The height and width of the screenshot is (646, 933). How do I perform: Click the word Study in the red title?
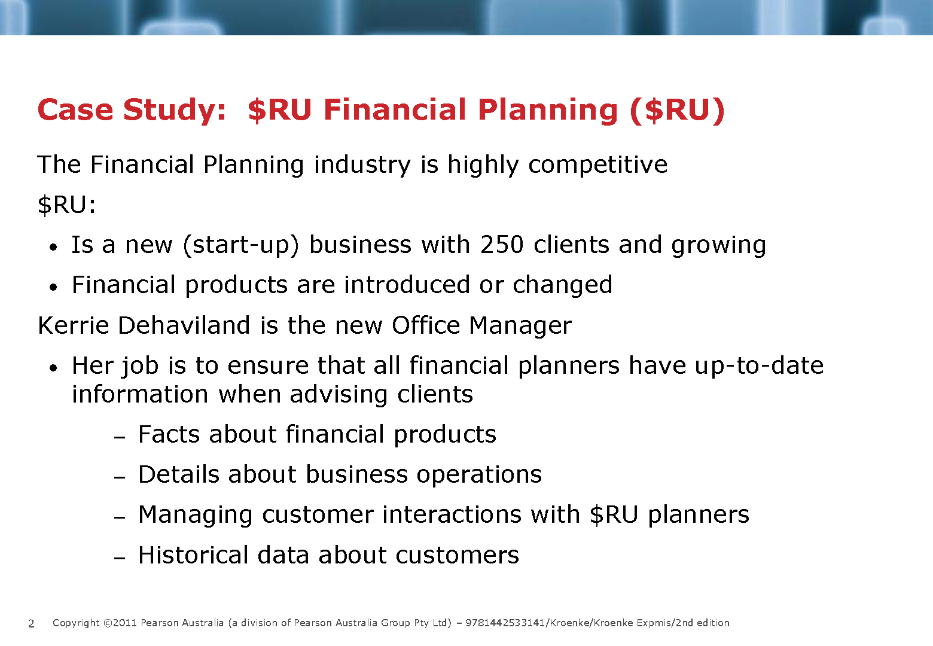click(175, 111)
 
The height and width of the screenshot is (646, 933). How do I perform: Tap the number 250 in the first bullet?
click(501, 244)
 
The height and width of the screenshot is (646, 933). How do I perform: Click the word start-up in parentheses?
click(242, 245)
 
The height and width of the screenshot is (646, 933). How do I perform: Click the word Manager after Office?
click(520, 326)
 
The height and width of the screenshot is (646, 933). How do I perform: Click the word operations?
click(479, 476)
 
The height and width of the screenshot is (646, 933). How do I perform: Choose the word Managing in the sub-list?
click(195, 515)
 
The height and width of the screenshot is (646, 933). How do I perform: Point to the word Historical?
click(193, 555)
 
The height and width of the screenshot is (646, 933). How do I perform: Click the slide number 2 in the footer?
click(31, 623)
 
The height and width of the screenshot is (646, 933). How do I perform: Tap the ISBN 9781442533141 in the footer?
click(505, 623)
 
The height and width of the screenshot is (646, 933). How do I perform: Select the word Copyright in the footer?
click(76, 623)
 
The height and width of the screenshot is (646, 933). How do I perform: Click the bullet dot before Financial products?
click(53, 287)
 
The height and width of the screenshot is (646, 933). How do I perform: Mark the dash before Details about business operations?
click(120, 478)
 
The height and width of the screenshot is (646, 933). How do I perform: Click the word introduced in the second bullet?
click(407, 285)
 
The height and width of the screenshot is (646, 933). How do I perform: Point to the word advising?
click(339, 395)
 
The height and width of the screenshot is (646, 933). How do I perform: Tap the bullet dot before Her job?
click(53, 368)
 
